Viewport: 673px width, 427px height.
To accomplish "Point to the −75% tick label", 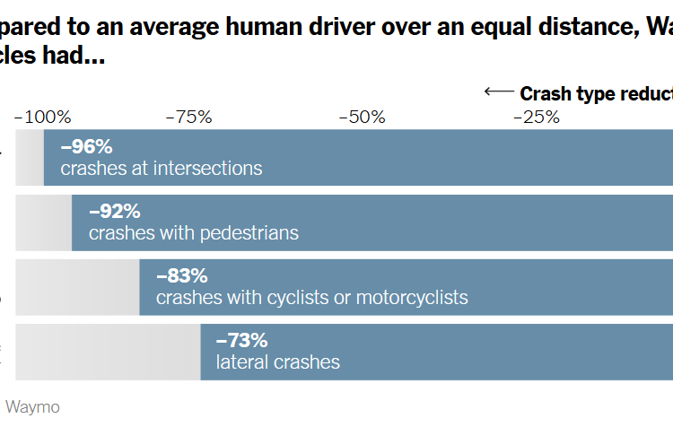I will (188, 117).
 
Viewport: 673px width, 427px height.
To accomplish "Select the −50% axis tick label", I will (362, 117).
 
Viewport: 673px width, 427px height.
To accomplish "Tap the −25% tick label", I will (537, 117).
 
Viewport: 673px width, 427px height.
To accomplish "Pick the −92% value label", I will (115, 213).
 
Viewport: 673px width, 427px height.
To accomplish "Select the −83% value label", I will (181, 276).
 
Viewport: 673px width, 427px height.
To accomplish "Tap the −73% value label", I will (241, 341).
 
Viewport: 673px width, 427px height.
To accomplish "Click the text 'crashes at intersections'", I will (162, 168).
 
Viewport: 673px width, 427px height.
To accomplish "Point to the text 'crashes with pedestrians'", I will (194, 233).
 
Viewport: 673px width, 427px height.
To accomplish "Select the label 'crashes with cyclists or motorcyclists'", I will (311, 298).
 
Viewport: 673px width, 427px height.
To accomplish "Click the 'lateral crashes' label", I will (278, 362).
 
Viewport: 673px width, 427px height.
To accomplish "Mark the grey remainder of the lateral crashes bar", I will (109, 352).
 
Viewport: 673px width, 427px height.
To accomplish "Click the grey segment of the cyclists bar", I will (78, 287).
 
